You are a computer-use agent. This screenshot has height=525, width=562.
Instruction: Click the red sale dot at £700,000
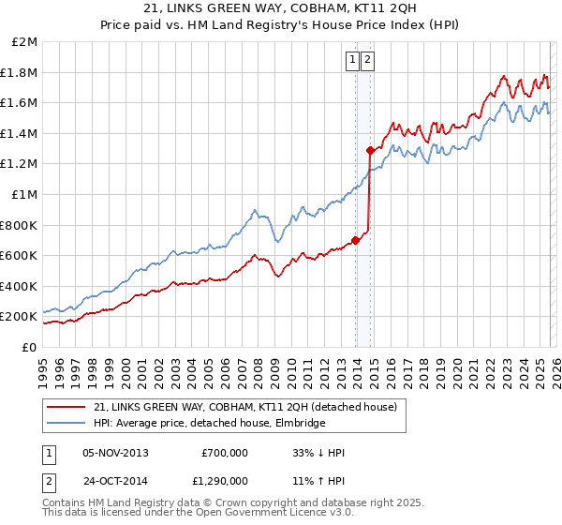356,240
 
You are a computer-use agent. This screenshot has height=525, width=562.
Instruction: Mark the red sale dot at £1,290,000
371,150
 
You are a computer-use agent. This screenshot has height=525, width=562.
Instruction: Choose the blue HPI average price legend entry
209,424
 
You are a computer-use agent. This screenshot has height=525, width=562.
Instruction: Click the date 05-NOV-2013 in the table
115,453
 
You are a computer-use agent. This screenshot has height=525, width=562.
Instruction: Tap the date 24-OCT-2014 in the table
115,480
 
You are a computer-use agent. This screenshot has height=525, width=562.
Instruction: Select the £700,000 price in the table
225,453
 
